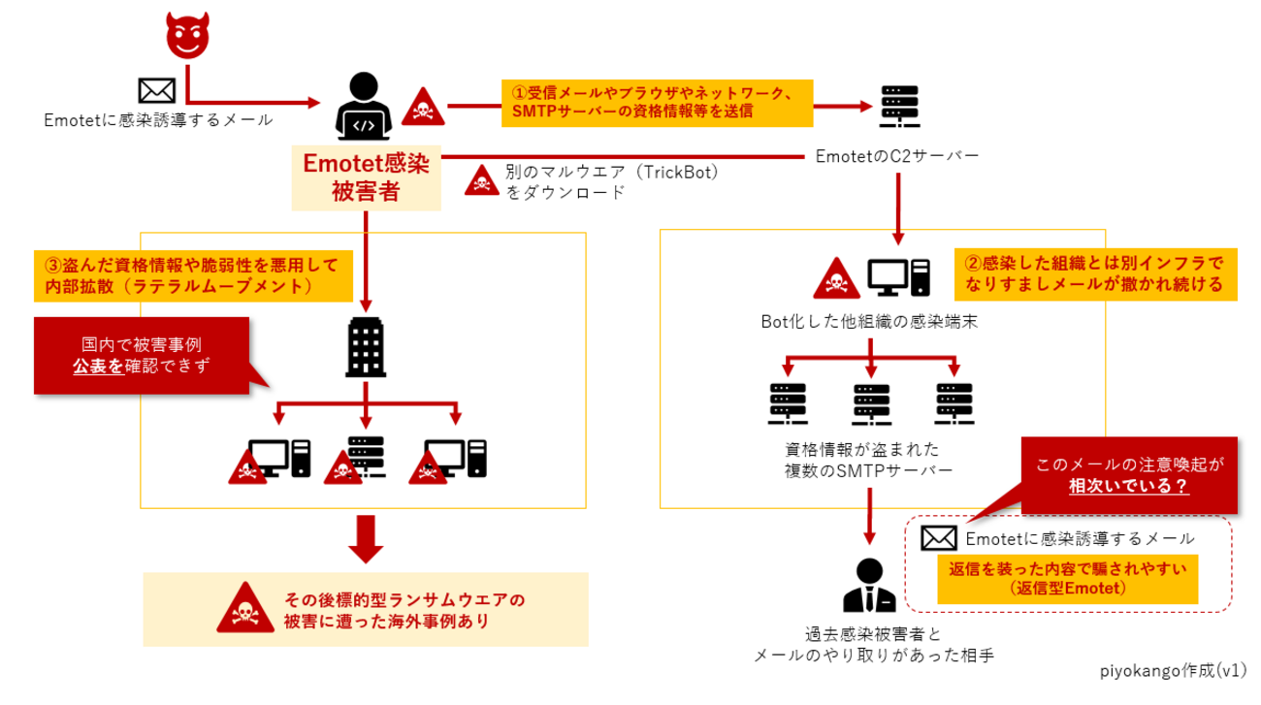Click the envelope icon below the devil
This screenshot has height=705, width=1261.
155,91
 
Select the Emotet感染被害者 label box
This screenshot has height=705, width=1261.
366,178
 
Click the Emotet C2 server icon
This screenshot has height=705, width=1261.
898,108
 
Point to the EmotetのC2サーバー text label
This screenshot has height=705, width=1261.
897,155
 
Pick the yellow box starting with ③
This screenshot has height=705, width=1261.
193,275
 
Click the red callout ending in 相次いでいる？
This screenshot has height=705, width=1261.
1129,475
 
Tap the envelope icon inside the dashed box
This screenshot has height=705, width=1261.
938,537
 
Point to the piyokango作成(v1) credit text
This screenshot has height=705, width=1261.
1173,671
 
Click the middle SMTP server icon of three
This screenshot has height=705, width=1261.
870,404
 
